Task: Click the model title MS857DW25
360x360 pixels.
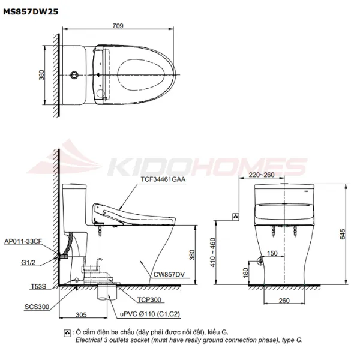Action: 31,11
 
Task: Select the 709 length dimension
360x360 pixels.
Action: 118,26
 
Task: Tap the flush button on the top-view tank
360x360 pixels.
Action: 74,75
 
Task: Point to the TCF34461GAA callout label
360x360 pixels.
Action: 163,179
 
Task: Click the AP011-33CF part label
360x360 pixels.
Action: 23,241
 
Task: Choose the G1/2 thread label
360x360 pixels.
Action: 28,262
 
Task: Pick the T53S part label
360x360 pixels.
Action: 38,286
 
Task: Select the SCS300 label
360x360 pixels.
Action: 37,307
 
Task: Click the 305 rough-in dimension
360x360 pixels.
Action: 81,314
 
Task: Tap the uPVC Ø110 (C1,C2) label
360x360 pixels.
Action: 150,314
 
